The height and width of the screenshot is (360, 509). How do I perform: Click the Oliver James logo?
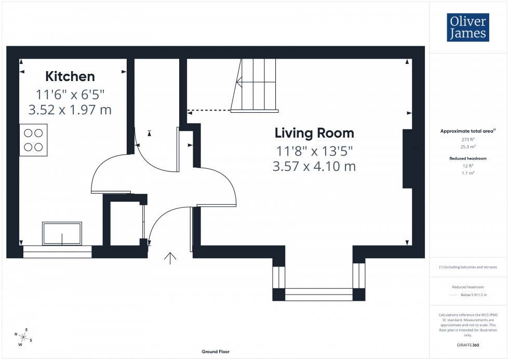(x=467, y=28)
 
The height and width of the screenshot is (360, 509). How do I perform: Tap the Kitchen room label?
(x=70, y=76)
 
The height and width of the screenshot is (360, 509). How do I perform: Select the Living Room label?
(x=314, y=133)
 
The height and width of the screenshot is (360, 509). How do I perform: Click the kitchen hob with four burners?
(x=33, y=140)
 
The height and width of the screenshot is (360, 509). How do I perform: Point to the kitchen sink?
(x=62, y=234)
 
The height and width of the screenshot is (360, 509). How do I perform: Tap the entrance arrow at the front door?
(x=170, y=258)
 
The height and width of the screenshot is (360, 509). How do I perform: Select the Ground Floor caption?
(x=216, y=352)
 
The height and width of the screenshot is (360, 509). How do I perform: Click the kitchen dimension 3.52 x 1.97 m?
(x=70, y=110)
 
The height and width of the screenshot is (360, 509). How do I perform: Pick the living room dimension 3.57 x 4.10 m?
(x=314, y=166)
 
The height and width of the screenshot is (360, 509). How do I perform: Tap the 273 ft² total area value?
(x=468, y=140)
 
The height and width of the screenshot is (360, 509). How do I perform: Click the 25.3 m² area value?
(x=468, y=147)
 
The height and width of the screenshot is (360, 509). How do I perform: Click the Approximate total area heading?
(x=467, y=131)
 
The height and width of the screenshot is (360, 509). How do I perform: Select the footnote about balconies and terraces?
(x=468, y=267)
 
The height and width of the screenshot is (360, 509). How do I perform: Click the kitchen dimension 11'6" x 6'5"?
(x=70, y=95)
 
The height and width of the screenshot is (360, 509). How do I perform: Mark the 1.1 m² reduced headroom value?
(x=468, y=172)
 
